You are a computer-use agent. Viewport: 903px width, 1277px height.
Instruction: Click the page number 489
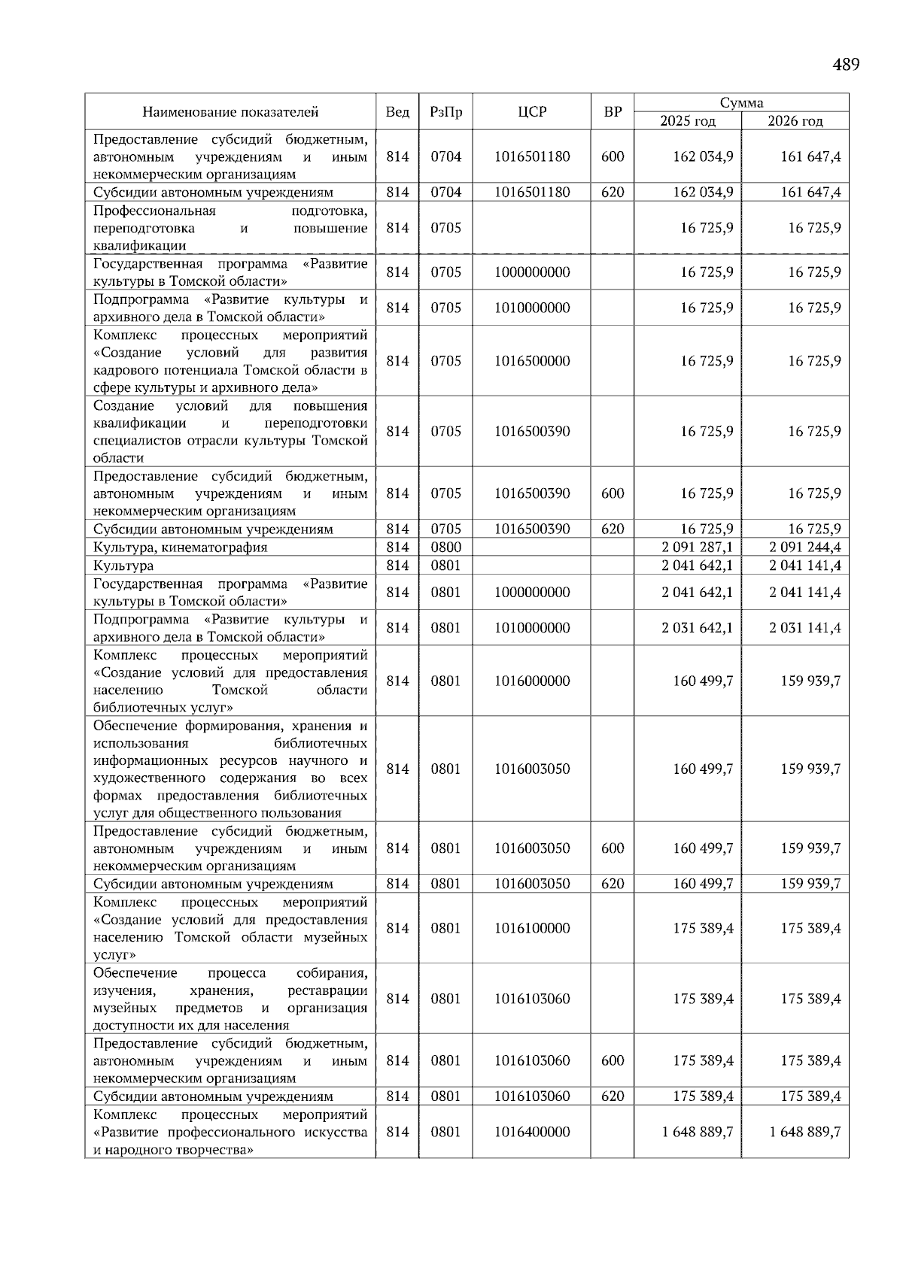pyautogui.click(x=846, y=65)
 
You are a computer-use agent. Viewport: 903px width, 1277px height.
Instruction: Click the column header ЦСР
pyautogui.click(x=532, y=112)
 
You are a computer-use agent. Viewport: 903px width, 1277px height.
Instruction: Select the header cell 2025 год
pyautogui.click(x=688, y=121)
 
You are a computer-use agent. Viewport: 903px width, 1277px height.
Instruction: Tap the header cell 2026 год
pyautogui.click(x=795, y=121)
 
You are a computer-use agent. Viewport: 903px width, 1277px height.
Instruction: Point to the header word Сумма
pyautogui.click(x=741, y=103)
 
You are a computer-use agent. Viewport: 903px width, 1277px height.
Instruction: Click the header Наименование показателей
pyautogui.click(x=230, y=112)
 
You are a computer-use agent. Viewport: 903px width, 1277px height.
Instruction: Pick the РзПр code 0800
pyautogui.click(x=445, y=548)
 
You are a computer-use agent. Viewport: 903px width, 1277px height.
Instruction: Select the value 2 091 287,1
pyautogui.click(x=697, y=548)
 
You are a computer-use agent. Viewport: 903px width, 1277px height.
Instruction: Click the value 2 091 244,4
pyautogui.click(x=804, y=548)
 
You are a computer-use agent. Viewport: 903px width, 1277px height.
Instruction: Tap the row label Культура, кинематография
pyautogui.click(x=181, y=548)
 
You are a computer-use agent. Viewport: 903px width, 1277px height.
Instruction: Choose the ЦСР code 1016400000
pyautogui.click(x=532, y=1132)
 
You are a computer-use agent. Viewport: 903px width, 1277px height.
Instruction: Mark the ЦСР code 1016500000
pyautogui.click(x=532, y=361)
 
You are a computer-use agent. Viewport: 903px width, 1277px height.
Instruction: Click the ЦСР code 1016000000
pyautogui.click(x=532, y=681)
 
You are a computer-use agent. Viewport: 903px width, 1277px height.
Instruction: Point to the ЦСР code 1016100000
pyautogui.click(x=532, y=928)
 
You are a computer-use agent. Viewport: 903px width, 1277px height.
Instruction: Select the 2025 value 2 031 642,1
pyautogui.click(x=697, y=628)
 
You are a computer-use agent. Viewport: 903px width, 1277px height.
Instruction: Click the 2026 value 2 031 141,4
pyautogui.click(x=804, y=628)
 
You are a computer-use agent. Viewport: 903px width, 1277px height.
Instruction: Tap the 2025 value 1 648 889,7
pyautogui.click(x=697, y=1132)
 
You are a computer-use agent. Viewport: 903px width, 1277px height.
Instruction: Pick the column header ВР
pyautogui.click(x=613, y=112)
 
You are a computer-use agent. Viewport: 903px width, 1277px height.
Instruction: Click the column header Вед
pyautogui.click(x=397, y=112)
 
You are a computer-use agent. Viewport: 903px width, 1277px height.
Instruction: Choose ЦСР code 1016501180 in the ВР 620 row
pyautogui.click(x=532, y=193)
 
